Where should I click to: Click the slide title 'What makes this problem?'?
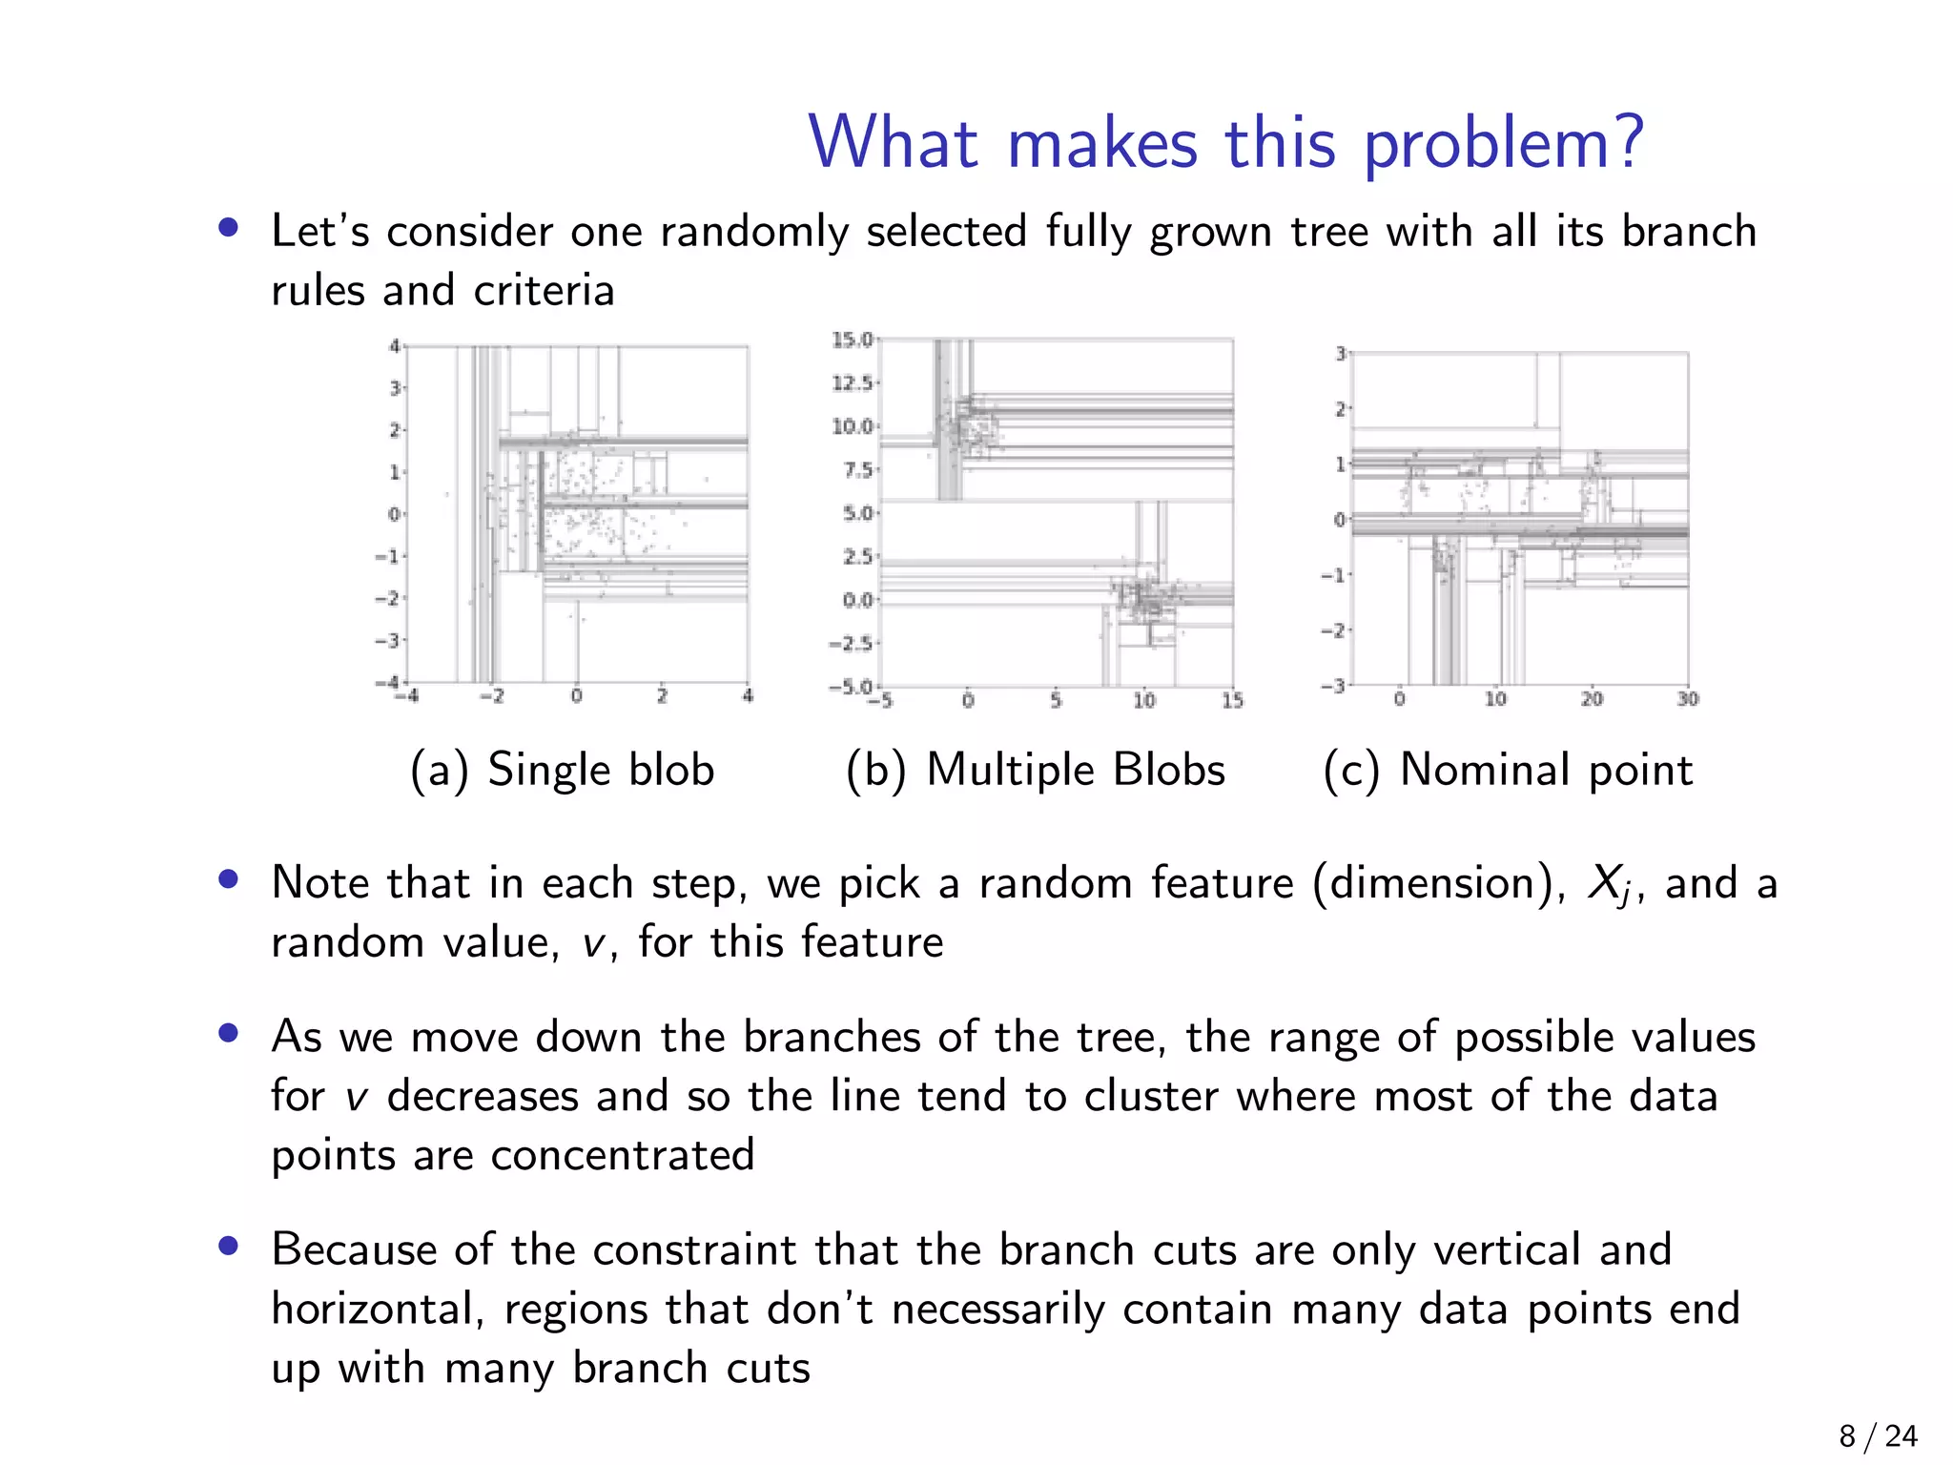coord(1226,143)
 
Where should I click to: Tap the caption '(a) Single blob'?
coord(562,770)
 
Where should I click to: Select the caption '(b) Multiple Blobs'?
coord(1036,770)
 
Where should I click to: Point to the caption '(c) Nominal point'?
coord(1508,770)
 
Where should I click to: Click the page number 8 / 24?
coord(1878,1435)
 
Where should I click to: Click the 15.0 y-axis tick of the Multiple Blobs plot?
coord(852,340)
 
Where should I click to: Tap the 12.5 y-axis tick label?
coord(852,383)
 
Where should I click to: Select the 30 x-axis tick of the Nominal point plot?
coord(1688,699)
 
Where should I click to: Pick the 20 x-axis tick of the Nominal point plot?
coord(1592,699)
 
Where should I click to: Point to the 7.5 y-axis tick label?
coord(857,470)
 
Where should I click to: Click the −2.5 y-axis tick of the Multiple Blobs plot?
coord(851,644)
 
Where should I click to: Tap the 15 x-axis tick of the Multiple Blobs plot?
coord(1232,701)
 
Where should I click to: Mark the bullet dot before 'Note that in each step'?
coord(228,879)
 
